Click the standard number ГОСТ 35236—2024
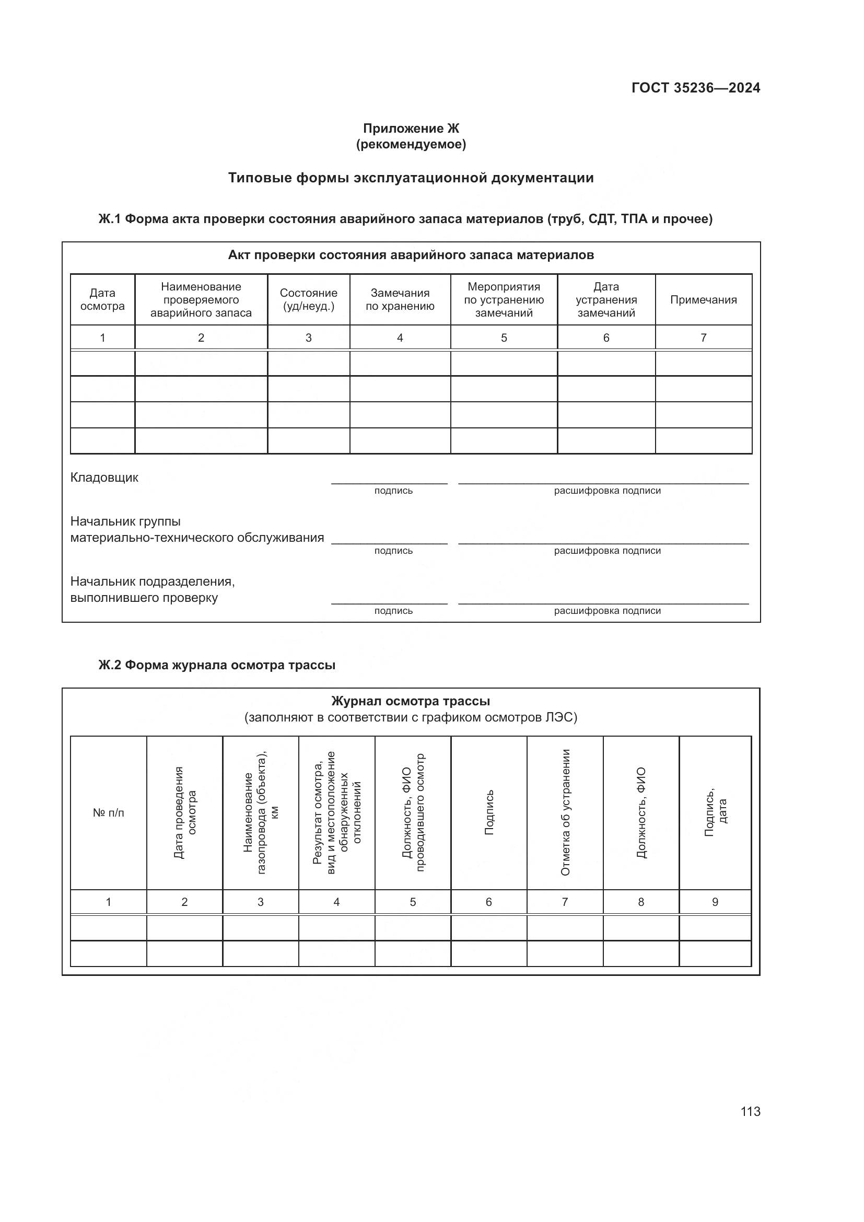coord(695,88)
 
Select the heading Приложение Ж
coord(411,129)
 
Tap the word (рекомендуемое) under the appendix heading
coord(411,144)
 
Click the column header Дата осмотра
coord(102,299)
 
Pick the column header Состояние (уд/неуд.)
coord(308,299)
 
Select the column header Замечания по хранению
coord(400,299)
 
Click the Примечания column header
coord(703,300)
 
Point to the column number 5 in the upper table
coord(503,337)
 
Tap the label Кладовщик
coord(104,478)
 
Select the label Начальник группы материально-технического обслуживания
coord(197,530)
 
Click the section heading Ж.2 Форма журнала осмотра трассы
coord(217,665)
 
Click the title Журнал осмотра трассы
coord(410,701)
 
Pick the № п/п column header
coord(109,813)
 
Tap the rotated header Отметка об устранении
coord(565,812)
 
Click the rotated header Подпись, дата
coord(715,812)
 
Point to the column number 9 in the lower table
coord(715,902)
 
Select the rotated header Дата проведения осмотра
coord(184,812)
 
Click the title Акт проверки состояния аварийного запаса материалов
coord(410,255)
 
